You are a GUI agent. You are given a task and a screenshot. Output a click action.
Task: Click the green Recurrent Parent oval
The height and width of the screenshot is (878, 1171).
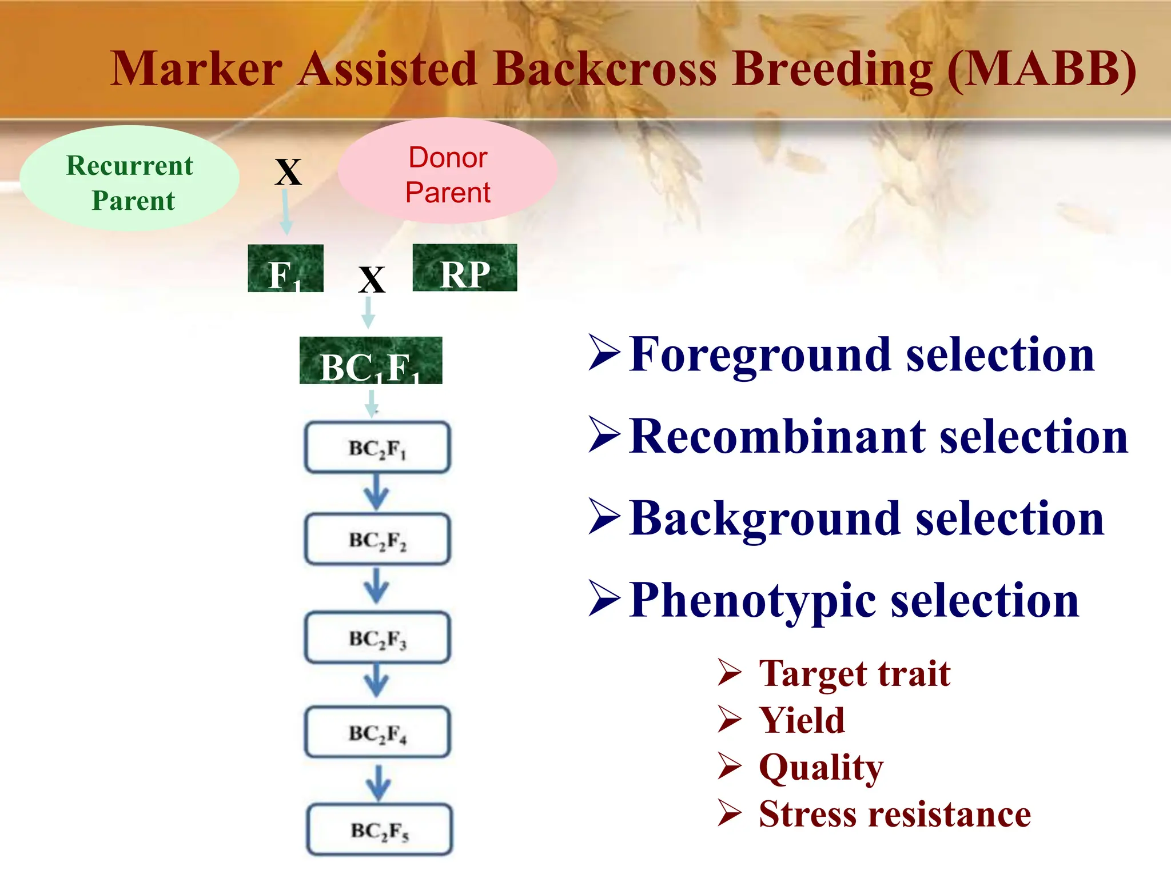coord(130,179)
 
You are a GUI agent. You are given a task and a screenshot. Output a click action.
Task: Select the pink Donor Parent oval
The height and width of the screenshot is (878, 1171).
coord(448,171)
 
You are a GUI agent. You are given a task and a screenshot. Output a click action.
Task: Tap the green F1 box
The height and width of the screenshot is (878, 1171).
coord(285,269)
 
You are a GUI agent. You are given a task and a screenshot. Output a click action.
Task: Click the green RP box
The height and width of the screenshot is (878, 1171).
coord(465,268)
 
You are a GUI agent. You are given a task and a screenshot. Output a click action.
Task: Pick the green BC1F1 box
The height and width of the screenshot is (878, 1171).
coord(371,361)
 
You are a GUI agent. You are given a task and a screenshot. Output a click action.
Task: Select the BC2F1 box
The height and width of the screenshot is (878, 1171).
coord(377,448)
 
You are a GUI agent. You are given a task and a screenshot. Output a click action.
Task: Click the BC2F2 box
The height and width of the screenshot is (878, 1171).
coord(377,540)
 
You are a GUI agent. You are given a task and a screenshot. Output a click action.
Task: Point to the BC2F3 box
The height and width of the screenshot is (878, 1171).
coord(377,637)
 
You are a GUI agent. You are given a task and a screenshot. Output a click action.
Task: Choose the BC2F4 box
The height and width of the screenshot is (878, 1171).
coord(377,732)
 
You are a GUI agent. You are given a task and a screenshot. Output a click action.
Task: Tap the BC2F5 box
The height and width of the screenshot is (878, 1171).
coord(380,830)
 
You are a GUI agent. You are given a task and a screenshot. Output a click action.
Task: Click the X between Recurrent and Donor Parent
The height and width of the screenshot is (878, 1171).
coord(288,171)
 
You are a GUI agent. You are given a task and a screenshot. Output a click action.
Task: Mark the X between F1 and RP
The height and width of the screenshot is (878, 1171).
coord(372,280)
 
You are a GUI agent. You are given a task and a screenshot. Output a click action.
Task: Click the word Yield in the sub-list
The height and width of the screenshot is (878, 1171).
coord(802,720)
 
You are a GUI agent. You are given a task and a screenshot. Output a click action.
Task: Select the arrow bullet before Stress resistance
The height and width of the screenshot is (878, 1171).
coord(730,813)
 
